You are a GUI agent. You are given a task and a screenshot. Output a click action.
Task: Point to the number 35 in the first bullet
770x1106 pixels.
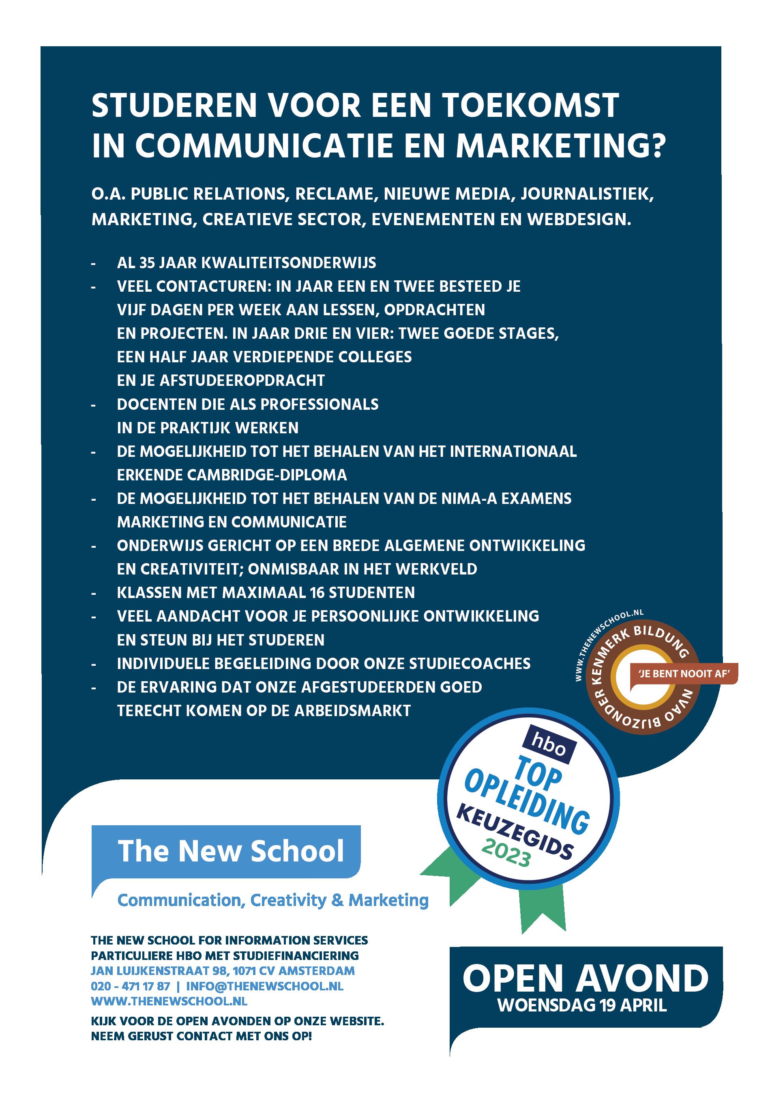coord(147,263)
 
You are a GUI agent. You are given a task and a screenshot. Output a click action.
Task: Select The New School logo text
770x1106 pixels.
coord(231,851)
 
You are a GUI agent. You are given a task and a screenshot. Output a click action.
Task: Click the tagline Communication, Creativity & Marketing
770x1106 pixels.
coord(272,900)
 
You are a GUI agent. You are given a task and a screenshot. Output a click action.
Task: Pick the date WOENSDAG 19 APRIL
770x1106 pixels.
coord(582,1006)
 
